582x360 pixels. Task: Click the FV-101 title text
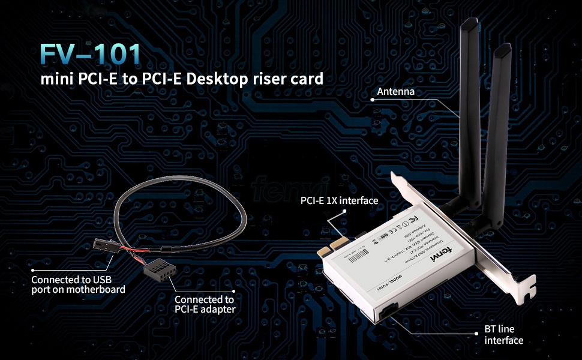click(x=91, y=53)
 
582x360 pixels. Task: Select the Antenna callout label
click(x=396, y=92)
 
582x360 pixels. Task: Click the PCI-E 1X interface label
click(x=339, y=200)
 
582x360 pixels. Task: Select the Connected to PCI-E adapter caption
click(x=204, y=304)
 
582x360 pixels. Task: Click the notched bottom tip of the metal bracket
click(x=527, y=292)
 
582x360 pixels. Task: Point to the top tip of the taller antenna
click(x=470, y=23)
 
